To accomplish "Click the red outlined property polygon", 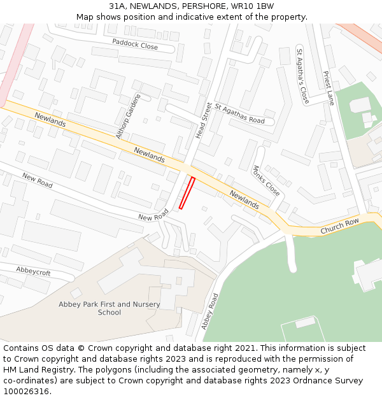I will (x=187, y=193).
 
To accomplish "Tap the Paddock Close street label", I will (x=135, y=44).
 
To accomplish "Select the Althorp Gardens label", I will (x=127, y=117).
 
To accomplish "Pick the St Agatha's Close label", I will (x=302, y=76).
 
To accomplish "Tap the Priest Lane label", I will (x=329, y=88).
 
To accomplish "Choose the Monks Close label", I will (x=265, y=181).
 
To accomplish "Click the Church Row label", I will (x=339, y=225).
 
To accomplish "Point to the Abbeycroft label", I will (x=33, y=271).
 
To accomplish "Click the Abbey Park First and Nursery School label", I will (x=110, y=308).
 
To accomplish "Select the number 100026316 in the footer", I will (x=26, y=392).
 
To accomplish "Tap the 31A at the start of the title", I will (x=116, y=6).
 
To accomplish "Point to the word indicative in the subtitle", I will (x=199, y=17).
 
